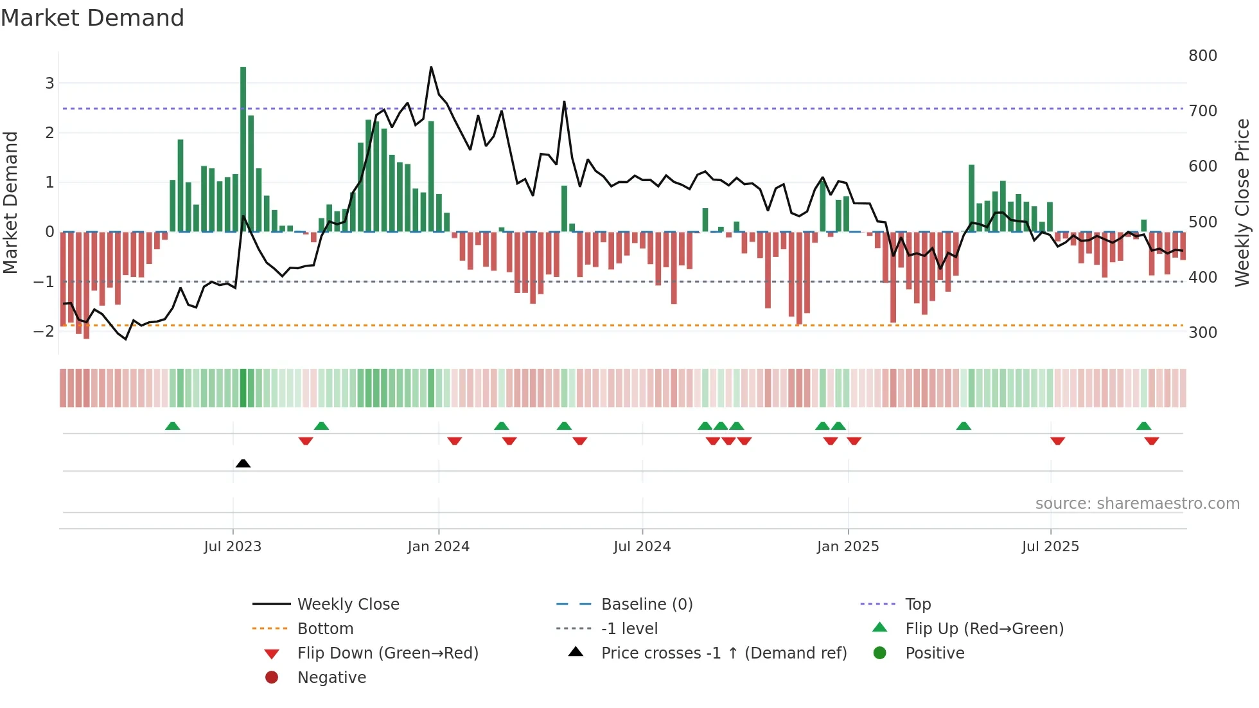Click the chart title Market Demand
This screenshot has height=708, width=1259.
pos(92,18)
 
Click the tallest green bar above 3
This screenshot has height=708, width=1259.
pos(243,148)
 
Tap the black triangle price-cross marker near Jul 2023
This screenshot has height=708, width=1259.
pos(243,463)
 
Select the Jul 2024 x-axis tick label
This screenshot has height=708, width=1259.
pos(642,547)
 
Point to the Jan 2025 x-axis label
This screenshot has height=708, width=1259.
pos(847,547)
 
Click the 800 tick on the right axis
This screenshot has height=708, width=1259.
pos(1202,56)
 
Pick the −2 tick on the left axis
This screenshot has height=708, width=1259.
pos(44,332)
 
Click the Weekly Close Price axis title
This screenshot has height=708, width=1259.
pos(1242,202)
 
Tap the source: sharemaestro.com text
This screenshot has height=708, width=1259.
pos(1137,504)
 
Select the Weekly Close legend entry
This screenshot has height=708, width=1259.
pos(348,605)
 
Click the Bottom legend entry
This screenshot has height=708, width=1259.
pos(325,629)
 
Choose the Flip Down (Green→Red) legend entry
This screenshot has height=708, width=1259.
pos(387,653)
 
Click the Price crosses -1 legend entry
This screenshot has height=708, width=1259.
pos(723,653)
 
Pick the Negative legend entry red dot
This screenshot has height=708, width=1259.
pos(272,678)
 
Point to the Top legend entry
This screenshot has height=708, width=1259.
pos(917,605)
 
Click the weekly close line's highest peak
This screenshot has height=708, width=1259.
pos(431,67)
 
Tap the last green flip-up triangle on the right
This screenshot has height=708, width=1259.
pos(1143,426)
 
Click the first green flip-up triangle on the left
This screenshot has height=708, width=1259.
pos(172,426)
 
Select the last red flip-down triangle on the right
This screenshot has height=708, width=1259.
pos(1151,441)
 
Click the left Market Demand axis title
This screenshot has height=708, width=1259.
pos(10,202)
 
